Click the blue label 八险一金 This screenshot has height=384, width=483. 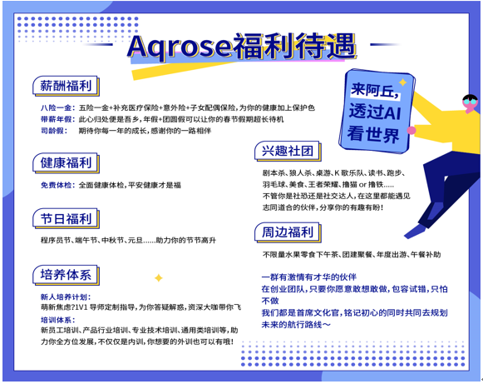pyautogui.click(x=56, y=108)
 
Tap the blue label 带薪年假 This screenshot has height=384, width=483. pyautogui.click(x=56, y=120)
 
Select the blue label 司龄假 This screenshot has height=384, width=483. pyautogui.click(x=52, y=132)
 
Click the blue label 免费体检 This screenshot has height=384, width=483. pyautogui.click(x=56, y=184)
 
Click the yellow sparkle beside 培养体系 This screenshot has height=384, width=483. pyautogui.click(x=158, y=277)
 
